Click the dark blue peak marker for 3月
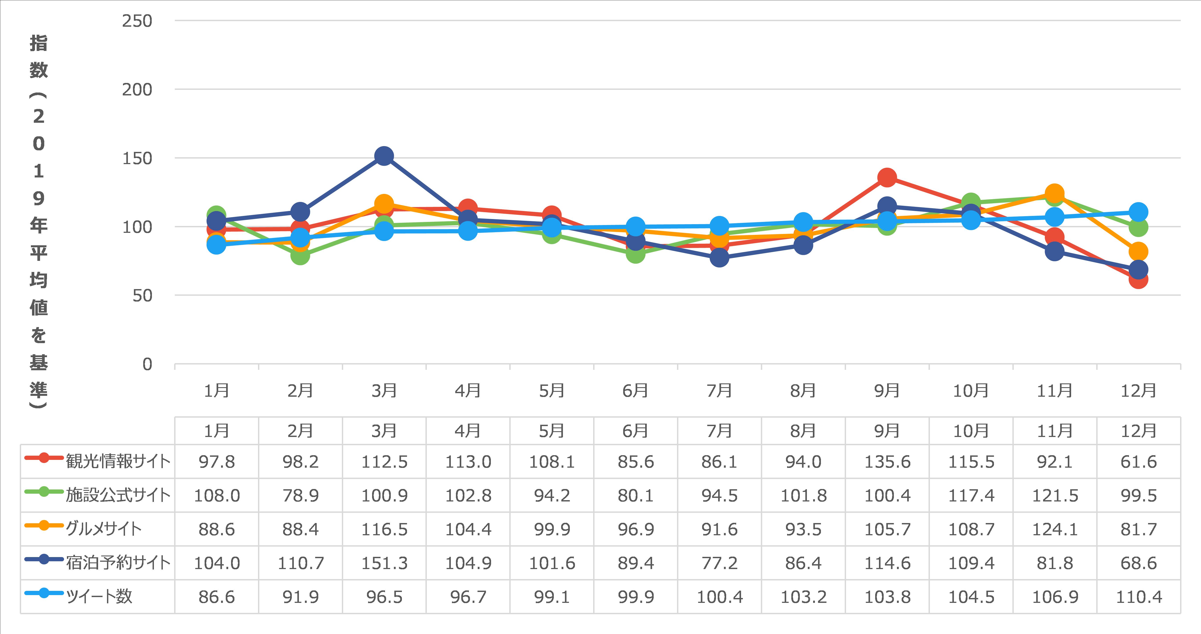point(384,156)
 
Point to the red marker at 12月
point(1138,279)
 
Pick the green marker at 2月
point(300,256)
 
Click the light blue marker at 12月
point(1138,212)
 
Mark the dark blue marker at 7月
point(719,258)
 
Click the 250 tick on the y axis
point(137,21)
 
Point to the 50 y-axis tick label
point(142,296)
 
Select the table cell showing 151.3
point(384,563)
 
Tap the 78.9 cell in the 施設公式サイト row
point(300,495)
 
